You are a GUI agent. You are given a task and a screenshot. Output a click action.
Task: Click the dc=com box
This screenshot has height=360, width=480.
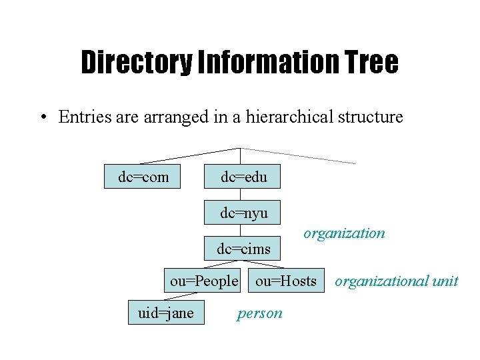pos(142,177)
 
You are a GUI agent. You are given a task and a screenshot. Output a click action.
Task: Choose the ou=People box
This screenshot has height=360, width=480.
pos(203,281)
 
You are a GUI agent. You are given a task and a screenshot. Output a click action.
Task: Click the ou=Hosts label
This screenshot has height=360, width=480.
pos(285,281)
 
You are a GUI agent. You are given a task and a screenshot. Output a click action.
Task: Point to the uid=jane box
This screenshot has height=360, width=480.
pos(166,313)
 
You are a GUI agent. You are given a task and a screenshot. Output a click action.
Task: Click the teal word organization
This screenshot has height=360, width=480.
pos(344,233)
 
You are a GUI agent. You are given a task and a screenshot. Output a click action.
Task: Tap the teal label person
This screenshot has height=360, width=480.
pos(259,313)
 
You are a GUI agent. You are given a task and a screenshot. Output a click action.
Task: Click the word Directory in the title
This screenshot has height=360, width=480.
pos(134,63)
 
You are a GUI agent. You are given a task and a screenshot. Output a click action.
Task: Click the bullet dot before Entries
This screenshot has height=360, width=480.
pos(42,117)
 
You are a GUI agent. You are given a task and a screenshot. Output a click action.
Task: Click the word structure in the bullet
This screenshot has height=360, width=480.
pos(371,117)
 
